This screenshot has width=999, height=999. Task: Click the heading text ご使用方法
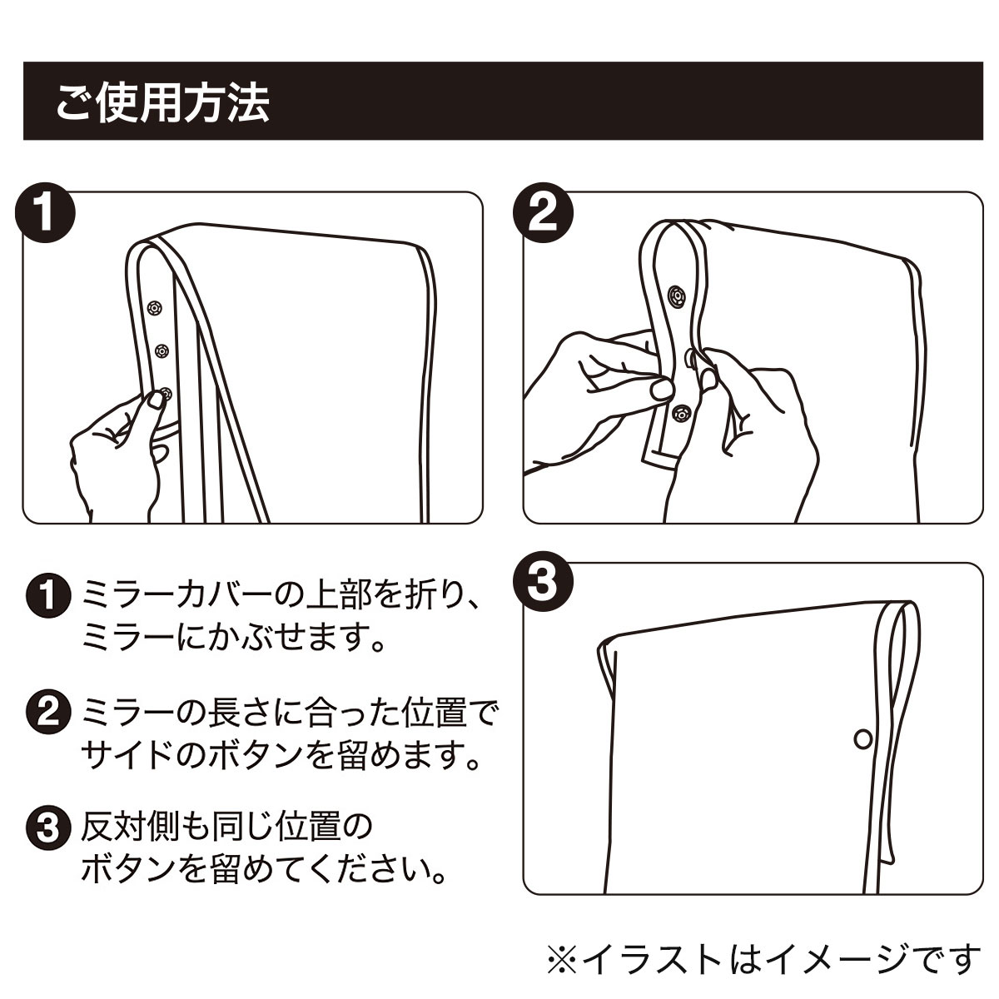pos(162,103)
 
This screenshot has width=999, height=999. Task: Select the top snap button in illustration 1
pos(153,307)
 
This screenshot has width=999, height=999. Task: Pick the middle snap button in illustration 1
pos(162,352)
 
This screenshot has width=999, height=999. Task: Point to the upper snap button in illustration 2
pos(676,296)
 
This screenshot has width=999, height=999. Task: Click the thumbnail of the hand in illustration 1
pos(155,399)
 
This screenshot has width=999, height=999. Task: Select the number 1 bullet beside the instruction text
pos(47,596)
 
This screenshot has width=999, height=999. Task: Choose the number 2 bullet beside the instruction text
pos(47,713)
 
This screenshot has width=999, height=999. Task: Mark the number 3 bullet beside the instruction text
pos(47,828)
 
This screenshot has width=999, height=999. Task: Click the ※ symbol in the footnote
pos(563,958)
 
